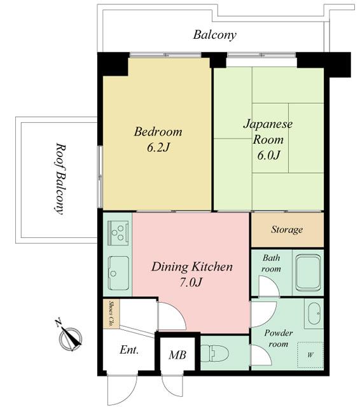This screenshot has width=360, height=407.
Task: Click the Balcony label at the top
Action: click(x=214, y=35)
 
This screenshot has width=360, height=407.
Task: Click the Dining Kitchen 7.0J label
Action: click(x=191, y=275)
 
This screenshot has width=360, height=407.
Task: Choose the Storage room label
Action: click(x=287, y=230)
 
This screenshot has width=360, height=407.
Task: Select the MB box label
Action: click(x=177, y=354)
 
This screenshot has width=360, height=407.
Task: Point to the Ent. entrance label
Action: click(x=129, y=350)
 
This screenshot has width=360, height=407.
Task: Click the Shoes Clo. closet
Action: click(x=111, y=314)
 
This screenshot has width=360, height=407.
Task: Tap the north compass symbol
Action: click(x=71, y=337)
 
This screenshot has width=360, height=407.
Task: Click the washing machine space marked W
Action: click(x=310, y=354)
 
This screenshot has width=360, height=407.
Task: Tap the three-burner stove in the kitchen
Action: click(x=118, y=233)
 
